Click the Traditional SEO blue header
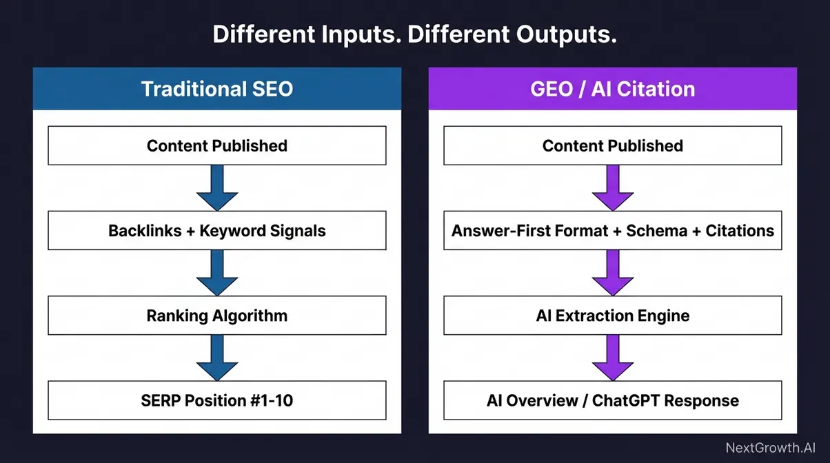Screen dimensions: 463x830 click(216, 89)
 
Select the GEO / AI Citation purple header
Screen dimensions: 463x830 click(612, 89)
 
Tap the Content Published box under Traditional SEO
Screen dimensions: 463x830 click(216, 145)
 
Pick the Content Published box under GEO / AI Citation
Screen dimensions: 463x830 click(612, 145)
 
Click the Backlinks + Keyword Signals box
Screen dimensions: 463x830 click(216, 231)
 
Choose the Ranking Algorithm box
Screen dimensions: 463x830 click(216, 316)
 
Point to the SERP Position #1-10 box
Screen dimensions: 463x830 click(216, 400)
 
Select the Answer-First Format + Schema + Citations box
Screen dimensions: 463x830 click(612, 231)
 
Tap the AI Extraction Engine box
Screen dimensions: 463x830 click(612, 316)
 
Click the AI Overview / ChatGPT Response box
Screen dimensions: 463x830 click(612, 400)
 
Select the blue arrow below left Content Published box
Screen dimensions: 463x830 click(216, 188)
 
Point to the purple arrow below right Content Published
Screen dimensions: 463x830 click(612, 188)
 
